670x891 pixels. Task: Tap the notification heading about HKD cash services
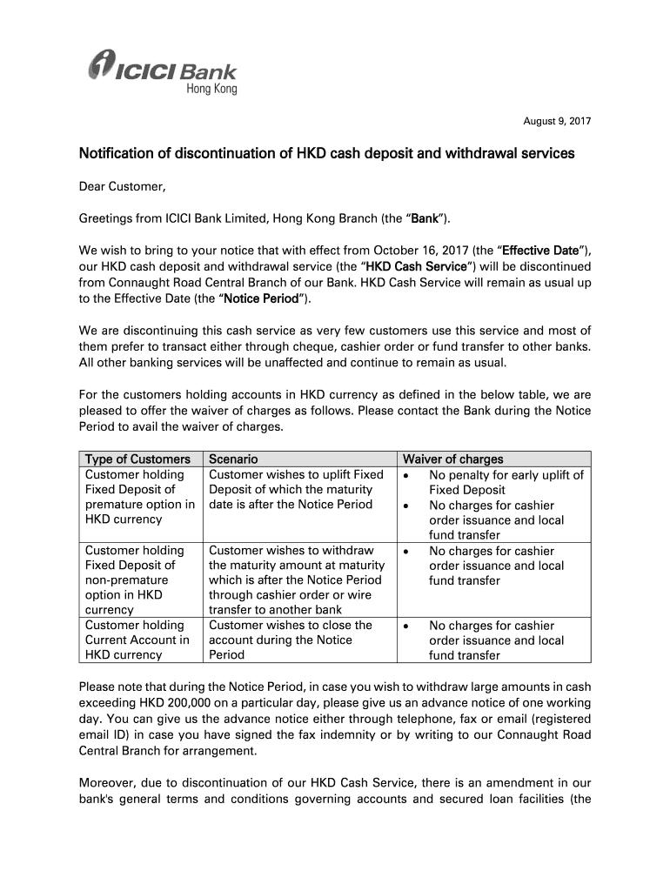coord(326,154)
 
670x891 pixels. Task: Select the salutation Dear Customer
coord(122,185)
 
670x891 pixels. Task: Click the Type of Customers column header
coord(137,459)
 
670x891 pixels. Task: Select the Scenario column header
coord(233,459)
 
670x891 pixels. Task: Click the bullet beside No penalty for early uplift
coord(407,475)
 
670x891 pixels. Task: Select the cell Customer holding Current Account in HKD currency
coord(137,640)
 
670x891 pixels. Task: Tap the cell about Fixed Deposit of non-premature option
coord(137,579)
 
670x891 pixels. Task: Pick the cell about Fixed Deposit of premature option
coord(139,497)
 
